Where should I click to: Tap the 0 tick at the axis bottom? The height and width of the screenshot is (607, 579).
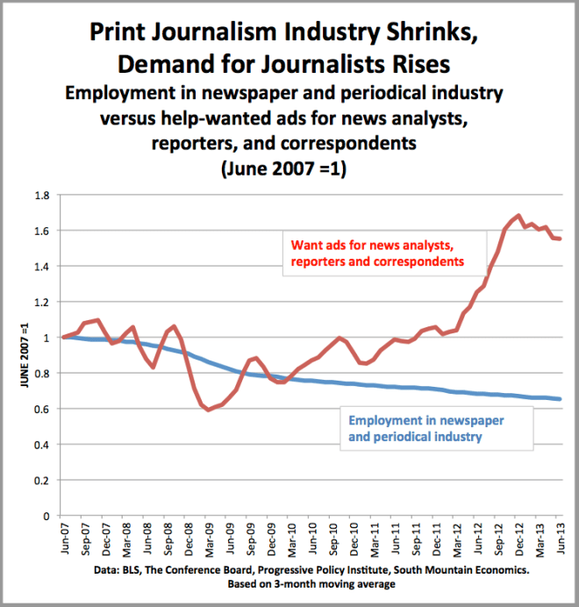[x=47, y=516]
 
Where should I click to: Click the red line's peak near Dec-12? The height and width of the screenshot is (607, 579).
[x=518, y=215]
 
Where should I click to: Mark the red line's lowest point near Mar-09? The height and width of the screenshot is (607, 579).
[x=208, y=410]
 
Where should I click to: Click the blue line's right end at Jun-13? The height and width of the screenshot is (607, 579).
[x=561, y=399]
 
